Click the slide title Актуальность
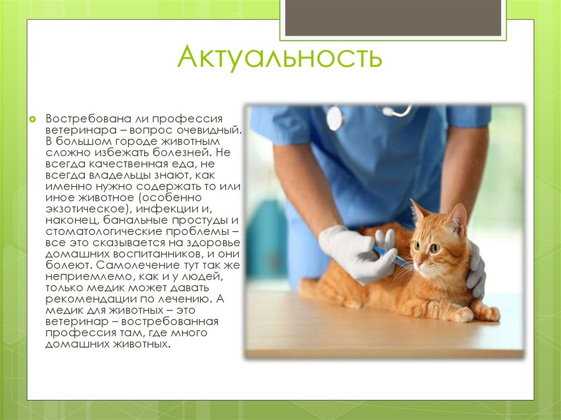coord(280,56)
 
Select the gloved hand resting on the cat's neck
coord(476,269)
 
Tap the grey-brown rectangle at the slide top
coord(393,18)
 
